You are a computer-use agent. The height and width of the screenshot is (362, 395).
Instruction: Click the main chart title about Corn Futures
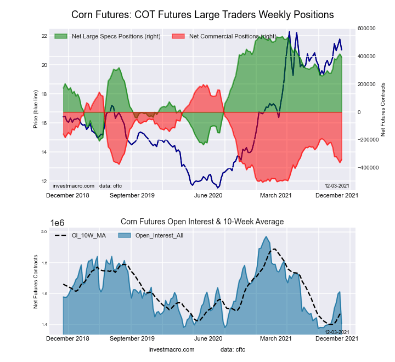[202, 13]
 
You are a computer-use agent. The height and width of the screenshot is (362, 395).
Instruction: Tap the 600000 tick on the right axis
[367, 28]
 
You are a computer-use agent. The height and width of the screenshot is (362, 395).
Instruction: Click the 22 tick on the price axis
[44, 36]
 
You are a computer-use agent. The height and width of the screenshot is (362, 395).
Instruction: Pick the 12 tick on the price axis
[44, 181]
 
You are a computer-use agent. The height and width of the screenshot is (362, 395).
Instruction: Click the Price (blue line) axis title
[35, 109]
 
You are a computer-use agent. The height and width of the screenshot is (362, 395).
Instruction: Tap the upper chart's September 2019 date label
[132, 195]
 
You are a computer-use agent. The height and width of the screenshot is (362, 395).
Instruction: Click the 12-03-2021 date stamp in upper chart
[337, 185]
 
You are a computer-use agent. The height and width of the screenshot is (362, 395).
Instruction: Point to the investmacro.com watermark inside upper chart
[74, 185]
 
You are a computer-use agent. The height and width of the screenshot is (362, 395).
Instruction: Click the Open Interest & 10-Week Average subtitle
[202, 222]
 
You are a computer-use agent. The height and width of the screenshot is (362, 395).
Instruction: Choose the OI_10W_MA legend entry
[88, 235]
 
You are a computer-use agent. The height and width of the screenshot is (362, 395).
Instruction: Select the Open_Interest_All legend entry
[156, 235]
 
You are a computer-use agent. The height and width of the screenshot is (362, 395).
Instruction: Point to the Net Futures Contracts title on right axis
[383, 109]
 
